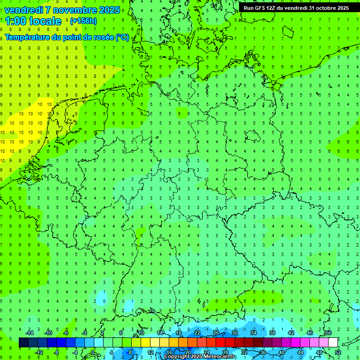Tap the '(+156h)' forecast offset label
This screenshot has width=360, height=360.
[x=83, y=21]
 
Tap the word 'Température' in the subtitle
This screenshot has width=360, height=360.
[x=27, y=37]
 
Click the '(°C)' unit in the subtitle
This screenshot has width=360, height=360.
[x=122, y=37]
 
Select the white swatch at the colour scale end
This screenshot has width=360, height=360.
[x=333, y=343]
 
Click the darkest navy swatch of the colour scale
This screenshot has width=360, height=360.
[x=24, y=343]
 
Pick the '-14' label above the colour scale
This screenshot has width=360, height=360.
[x=30, y=333]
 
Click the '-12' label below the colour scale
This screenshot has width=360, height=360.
[x=39, y=352]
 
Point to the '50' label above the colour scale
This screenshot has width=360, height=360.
[x=328, y=333]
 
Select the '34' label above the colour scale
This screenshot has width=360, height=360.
[x=253, y=333]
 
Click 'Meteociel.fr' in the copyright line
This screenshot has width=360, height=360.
[x=220, y=357]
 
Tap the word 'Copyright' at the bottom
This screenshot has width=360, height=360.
[x=177, y=357]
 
